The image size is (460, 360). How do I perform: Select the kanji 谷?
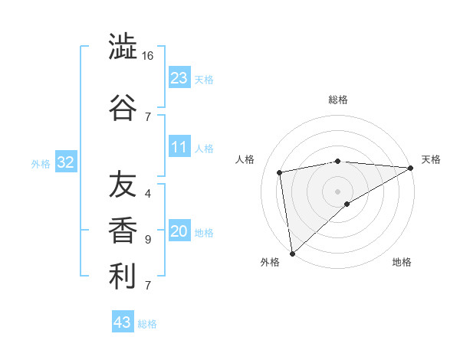tap(123, 106)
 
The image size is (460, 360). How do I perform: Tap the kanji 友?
tap(123, 185)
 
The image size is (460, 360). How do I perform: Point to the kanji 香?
tap(123, 231)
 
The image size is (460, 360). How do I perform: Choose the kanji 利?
tap(123, 277)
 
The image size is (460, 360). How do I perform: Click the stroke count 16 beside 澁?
tap(148, 56)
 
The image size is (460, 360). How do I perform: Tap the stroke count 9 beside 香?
tap(148, 240)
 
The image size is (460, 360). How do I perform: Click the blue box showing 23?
tap(179, 77)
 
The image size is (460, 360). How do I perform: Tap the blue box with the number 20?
tap(179, 231)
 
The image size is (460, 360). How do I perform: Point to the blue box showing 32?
tap(65, 162)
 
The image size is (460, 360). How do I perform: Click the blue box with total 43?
tap(123, 322)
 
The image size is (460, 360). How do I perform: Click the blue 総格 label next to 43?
tap(147, 324)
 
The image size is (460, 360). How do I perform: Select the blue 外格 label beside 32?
tap(41, 163)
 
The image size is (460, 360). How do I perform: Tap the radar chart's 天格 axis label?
tap(431, 159)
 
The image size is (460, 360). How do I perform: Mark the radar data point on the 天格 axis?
tap(411, 168)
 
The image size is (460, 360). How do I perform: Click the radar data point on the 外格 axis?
tap(292, 252)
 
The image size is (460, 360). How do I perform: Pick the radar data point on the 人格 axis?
tap(280, 172)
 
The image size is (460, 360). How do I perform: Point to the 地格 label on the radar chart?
tap(402, 262)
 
